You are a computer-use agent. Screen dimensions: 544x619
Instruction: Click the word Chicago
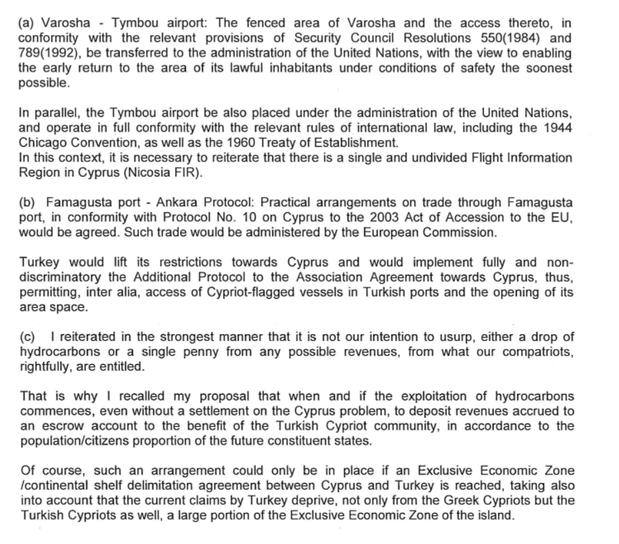click(42, 142)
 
